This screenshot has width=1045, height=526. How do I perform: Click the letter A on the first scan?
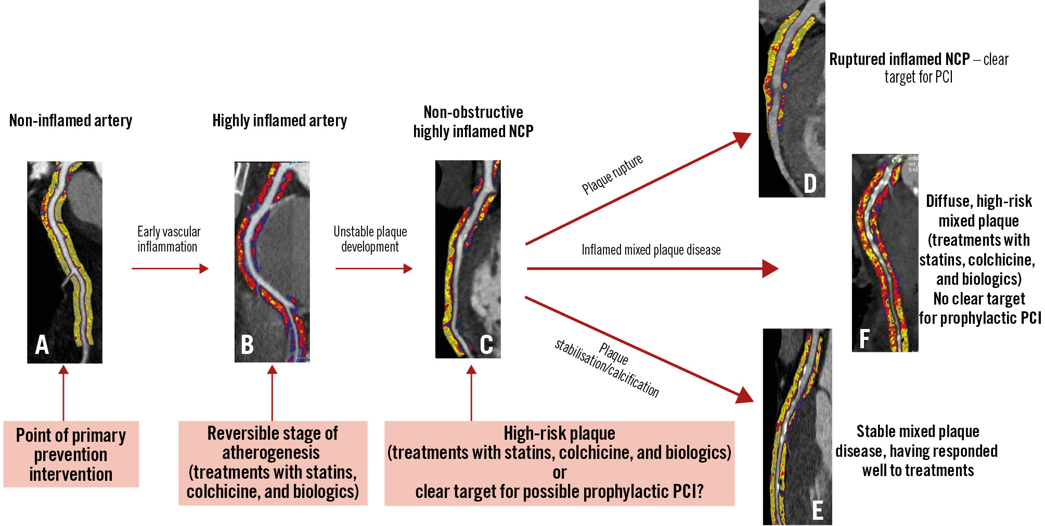[42, 345]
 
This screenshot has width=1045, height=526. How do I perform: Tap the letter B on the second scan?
[248, 345]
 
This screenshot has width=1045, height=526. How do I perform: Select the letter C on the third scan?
[486, 344]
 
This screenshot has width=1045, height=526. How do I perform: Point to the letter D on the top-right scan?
[810, 183]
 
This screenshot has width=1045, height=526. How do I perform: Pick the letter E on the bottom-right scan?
[818, 510]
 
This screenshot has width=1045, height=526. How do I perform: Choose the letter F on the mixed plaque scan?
[865, 339]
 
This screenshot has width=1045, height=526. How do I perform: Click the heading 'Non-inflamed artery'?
[71, 121]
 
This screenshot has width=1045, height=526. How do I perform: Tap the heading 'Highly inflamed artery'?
[279, 121]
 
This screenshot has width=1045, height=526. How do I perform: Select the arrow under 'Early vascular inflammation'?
[170, 269]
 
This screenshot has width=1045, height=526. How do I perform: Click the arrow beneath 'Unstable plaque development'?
[374, 269]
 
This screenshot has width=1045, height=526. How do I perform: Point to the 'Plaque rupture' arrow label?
[612, 174]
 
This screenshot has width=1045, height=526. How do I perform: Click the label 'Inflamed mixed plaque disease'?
[651, 250]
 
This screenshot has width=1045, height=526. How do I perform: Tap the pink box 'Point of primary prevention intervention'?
[71, 454]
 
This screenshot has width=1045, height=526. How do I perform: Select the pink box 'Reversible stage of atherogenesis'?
[273, 463]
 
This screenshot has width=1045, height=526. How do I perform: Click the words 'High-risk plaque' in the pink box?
[559, 433]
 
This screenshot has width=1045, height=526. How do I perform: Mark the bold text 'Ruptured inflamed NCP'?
[899, 59]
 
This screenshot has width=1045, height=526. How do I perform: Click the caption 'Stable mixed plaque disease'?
[918, 441]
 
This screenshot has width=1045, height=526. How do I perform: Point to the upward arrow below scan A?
[63, 392]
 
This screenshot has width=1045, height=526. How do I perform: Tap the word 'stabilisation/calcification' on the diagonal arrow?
[607, 368]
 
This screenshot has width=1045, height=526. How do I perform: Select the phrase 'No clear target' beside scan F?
[979, 299]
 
